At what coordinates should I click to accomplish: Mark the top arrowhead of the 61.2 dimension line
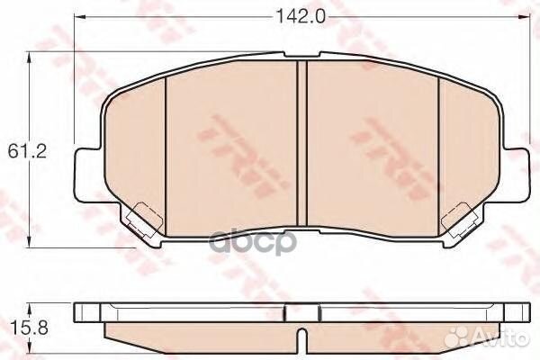click(x=33, y=56)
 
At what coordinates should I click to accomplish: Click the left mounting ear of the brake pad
click(x=85, y=171)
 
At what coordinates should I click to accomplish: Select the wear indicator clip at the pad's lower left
click(x=139, y=218)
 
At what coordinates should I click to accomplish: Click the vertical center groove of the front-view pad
click(x=302, y=144)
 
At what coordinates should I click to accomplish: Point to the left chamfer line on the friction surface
click(x=168, y=144)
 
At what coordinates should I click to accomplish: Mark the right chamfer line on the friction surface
click(x=437, y=144)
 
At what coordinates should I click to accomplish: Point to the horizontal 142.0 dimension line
click(x=180, y=16)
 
